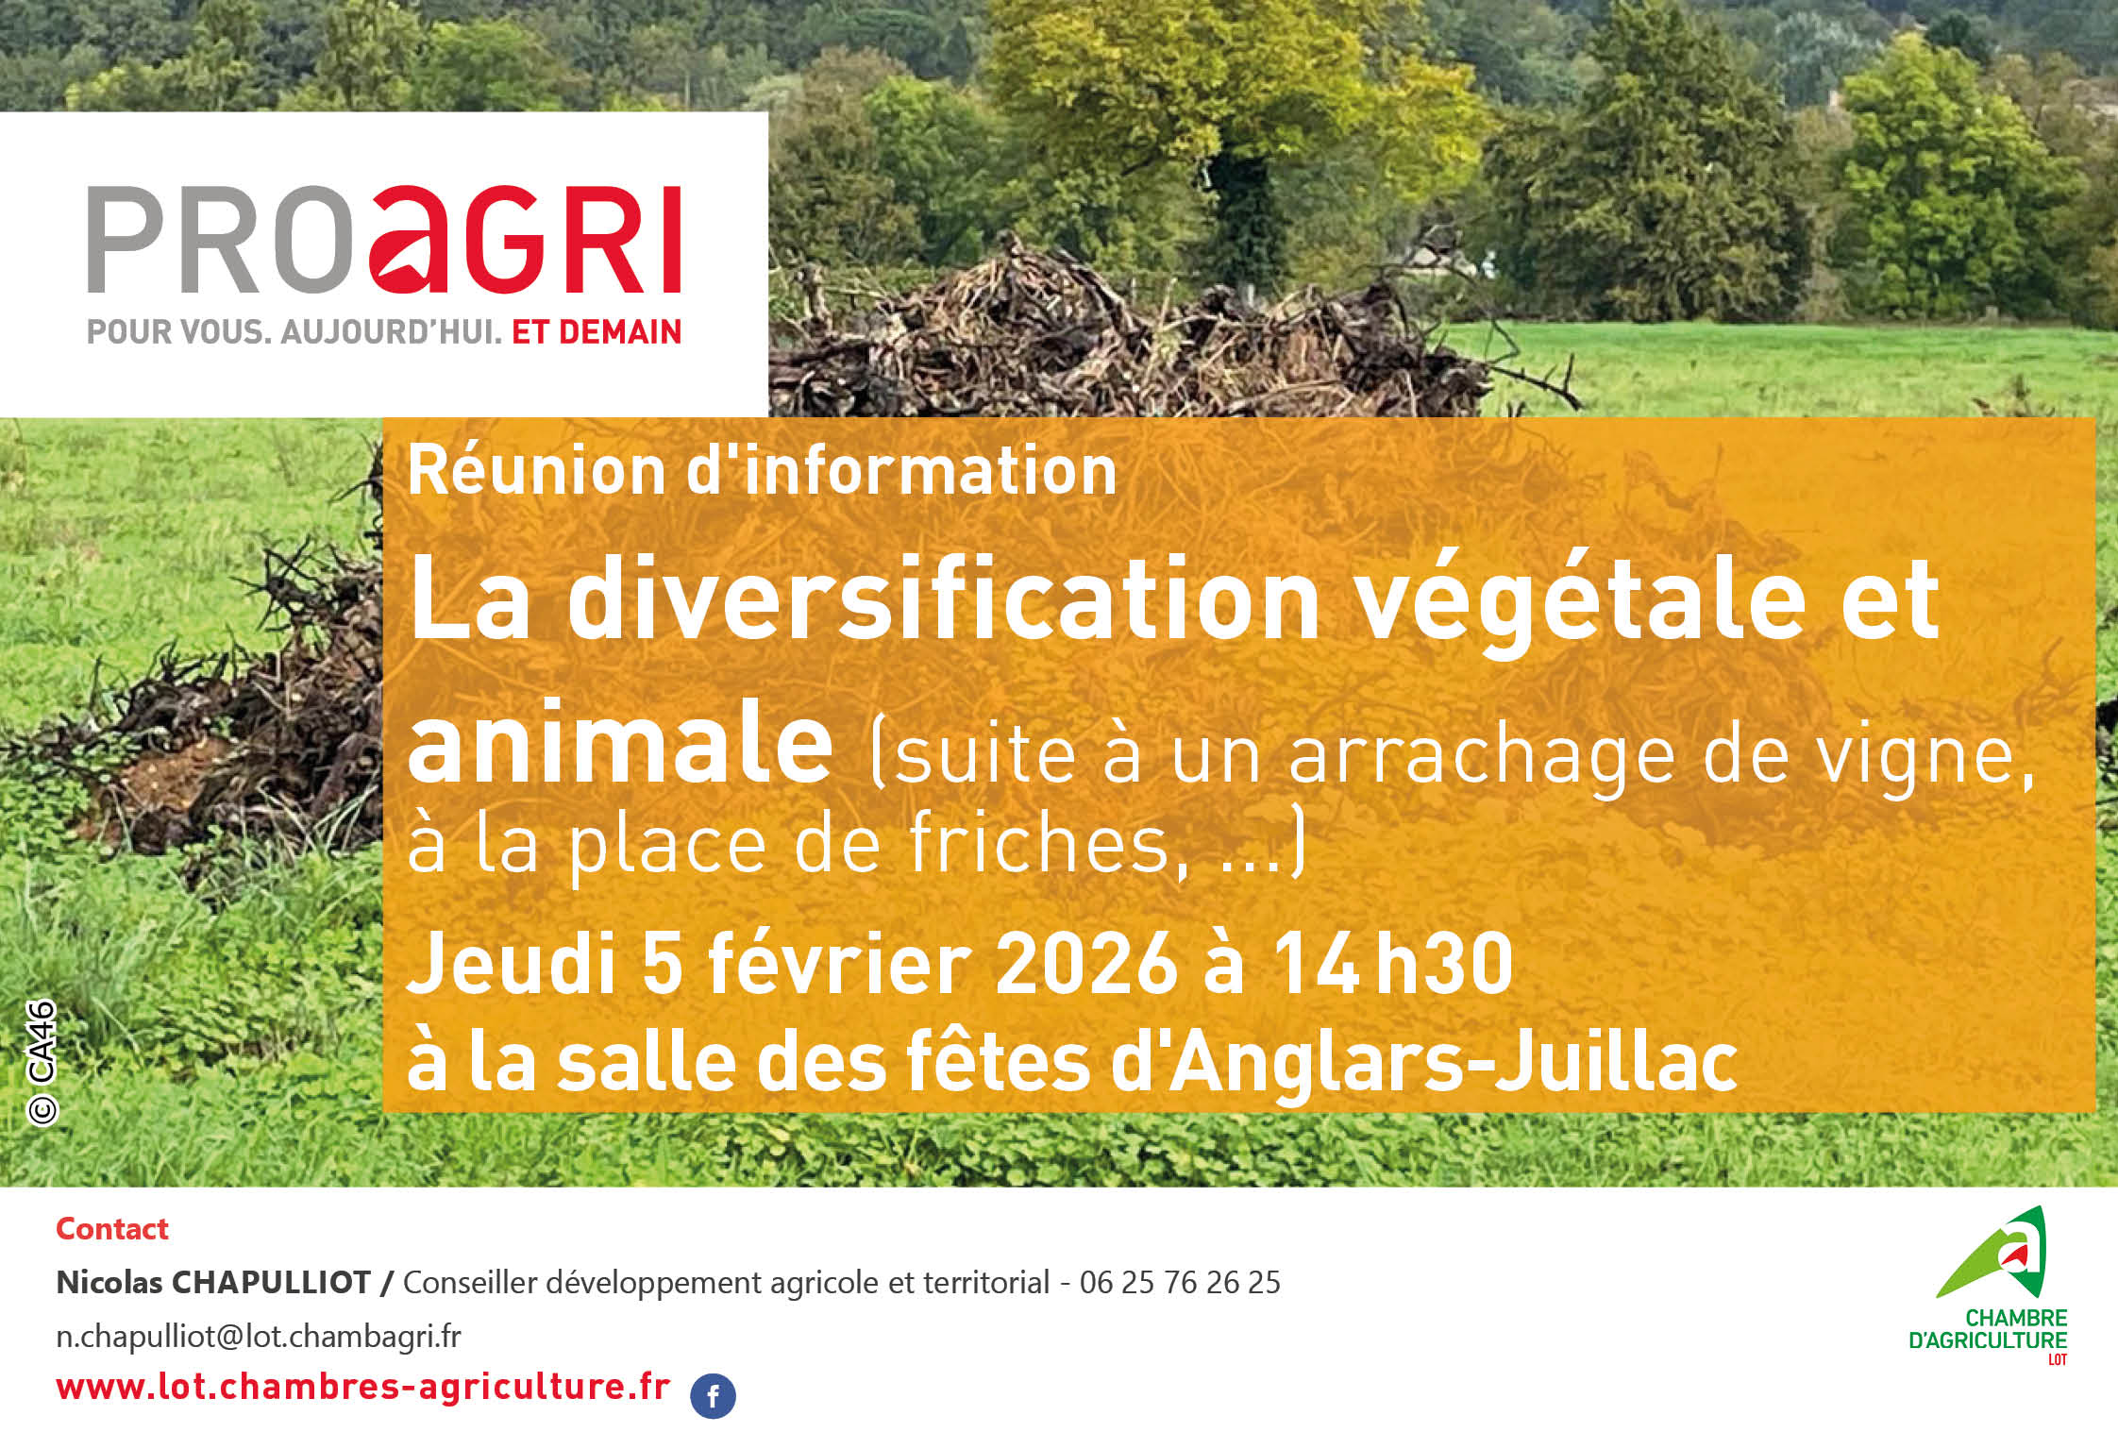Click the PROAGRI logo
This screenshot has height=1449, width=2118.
384,240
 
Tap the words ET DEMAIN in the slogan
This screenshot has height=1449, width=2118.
596,332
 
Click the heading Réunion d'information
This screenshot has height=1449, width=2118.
762,470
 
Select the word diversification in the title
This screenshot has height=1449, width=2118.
943,599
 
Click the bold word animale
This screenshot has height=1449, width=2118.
620,743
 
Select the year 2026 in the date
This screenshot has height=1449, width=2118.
1086,964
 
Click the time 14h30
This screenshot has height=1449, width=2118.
1393,964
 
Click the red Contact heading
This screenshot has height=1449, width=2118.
112,1229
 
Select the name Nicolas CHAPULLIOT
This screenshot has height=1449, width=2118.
213,1283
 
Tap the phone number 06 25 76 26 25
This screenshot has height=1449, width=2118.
1180,1283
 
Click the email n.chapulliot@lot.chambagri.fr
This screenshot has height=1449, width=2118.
259,1337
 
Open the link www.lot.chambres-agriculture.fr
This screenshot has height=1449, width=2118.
363,1387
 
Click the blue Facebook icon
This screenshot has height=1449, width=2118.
713,1396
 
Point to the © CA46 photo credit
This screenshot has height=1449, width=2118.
42,1062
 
